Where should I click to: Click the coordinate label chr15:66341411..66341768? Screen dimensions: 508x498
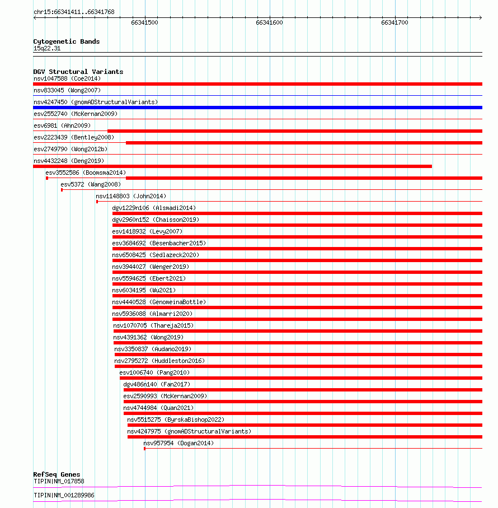(74, 12)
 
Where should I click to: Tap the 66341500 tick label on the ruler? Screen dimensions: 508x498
(144, 22)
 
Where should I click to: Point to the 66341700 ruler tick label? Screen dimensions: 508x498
(394, 22)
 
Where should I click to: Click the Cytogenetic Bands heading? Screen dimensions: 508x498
(66, 41)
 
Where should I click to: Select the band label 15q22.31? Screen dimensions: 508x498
(47, 48)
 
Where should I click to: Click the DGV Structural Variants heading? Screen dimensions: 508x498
(78, 72)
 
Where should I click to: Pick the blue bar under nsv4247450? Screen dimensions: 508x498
(257, 108)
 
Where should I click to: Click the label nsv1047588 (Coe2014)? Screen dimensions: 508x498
(67, 78)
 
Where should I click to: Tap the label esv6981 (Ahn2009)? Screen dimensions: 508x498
(62, 125)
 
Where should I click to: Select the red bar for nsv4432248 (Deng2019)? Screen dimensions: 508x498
(232, 166)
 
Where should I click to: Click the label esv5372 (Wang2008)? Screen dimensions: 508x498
(90, 184)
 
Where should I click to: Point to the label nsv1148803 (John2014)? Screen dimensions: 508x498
(131, 196)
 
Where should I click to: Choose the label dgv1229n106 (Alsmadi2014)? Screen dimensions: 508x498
(154, 208)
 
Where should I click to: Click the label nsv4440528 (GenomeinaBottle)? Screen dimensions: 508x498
(159, 302)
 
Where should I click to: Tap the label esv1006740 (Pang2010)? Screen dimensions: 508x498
(154, 372)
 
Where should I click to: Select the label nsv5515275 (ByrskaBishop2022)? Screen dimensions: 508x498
(176, 420)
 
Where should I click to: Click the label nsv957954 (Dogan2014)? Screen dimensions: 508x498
(178, 443)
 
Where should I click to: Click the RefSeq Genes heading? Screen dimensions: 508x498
(57, 474)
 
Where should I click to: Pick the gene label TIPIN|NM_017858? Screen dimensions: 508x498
(59, 481)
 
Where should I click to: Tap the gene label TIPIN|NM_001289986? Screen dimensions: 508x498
(64, 495)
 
